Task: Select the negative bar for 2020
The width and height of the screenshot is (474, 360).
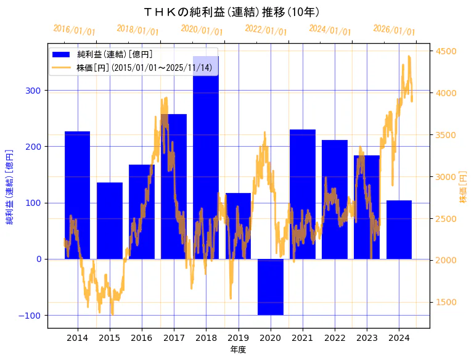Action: click(270, 287)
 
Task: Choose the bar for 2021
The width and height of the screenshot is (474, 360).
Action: click(302, 194)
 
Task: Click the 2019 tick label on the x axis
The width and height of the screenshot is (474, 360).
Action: click(238, 338)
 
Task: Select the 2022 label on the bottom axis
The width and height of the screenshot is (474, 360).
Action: click(334, 338)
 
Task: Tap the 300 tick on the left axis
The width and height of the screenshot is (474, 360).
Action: click(34, 91)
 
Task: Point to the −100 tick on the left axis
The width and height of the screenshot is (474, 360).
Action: click(30, 315)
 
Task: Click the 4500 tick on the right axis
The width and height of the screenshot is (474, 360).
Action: click(446, 51)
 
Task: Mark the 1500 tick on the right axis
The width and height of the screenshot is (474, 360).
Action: click(446, 302)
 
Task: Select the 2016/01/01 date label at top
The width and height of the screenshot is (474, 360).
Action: click(75, 30)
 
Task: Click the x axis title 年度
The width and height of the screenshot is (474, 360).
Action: click(238, 350)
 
